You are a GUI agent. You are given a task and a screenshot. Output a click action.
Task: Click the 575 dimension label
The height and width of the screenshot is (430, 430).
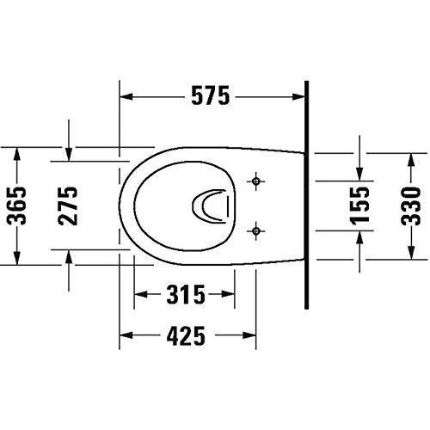click(x=211, y=96)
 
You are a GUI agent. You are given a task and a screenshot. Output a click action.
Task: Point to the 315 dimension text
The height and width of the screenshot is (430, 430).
click(x=183, y=297)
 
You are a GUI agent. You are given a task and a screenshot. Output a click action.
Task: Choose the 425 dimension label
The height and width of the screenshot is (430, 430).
click(x=185, y=336)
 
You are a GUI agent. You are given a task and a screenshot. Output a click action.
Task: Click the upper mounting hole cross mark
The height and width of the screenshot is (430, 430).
click(x=256, y=181)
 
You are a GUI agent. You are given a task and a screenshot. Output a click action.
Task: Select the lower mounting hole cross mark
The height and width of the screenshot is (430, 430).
click(x=256, y=230)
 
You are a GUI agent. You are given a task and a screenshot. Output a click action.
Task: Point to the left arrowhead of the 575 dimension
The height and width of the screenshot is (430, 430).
click(x=125, y=96)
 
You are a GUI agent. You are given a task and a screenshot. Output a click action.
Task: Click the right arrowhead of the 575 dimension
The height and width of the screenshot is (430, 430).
click(x=300, y=96)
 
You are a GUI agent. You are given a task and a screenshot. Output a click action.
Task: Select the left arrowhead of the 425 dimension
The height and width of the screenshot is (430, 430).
click(x=125, y=336)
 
